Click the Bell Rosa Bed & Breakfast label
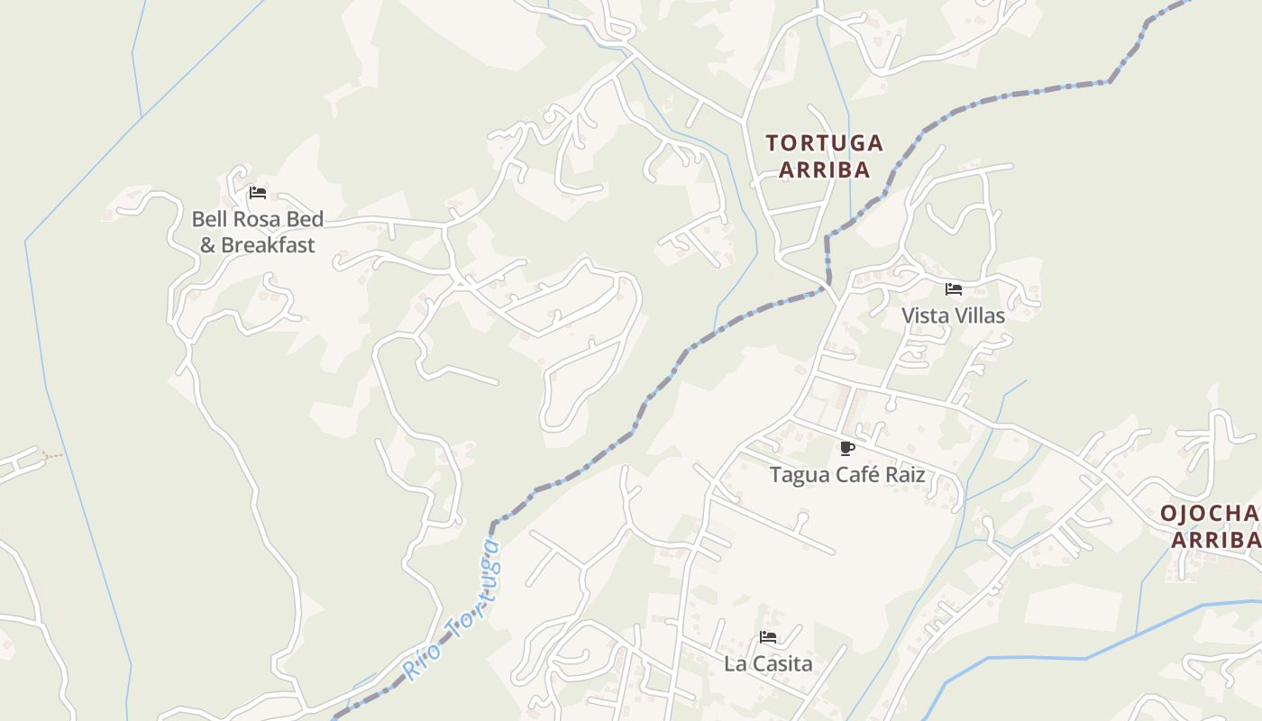(x=257, y=232)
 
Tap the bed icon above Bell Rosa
(x=258, y=193)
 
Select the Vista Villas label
(x=953, y=315)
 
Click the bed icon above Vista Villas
(x=954, y=289)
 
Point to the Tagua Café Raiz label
(x=847, y=474)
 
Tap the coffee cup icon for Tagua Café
(x=846, y=448)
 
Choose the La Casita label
(x=768, y=663)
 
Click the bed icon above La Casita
(x=768, y=637)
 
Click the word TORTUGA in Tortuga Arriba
(x=824, y=143)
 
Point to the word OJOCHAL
(x=1211, y=514)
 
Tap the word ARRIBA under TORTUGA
(x=824, y=169)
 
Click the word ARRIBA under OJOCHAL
(x=1215, y=540)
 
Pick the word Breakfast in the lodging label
(x=268, y=245)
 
